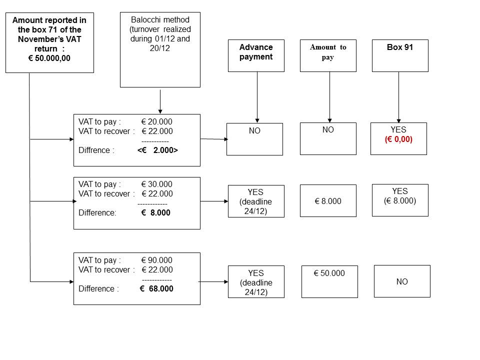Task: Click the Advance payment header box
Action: tap(256, 55)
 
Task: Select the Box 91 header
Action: tap(400, 55)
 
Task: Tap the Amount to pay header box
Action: tap(328, 55)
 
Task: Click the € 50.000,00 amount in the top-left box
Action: tap(49, 58)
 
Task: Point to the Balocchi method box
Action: tap(160, 49)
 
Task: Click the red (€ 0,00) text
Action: tap(398, 140)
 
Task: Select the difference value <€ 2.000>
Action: tap(157, 150)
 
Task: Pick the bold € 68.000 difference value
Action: tap(156, 288)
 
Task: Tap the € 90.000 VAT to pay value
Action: tap(156, 260)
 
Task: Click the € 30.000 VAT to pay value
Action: tap(156, 184)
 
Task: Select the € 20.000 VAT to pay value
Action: tap(156, 121)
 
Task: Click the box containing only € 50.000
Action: tap(329, 281)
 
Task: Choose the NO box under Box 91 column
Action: tap(402, 281)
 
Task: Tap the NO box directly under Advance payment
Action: tap(254, 138)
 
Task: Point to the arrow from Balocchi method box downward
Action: tap(160, 101)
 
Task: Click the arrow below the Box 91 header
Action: tap(398, 97)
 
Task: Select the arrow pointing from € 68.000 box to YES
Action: tap(213, 281)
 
